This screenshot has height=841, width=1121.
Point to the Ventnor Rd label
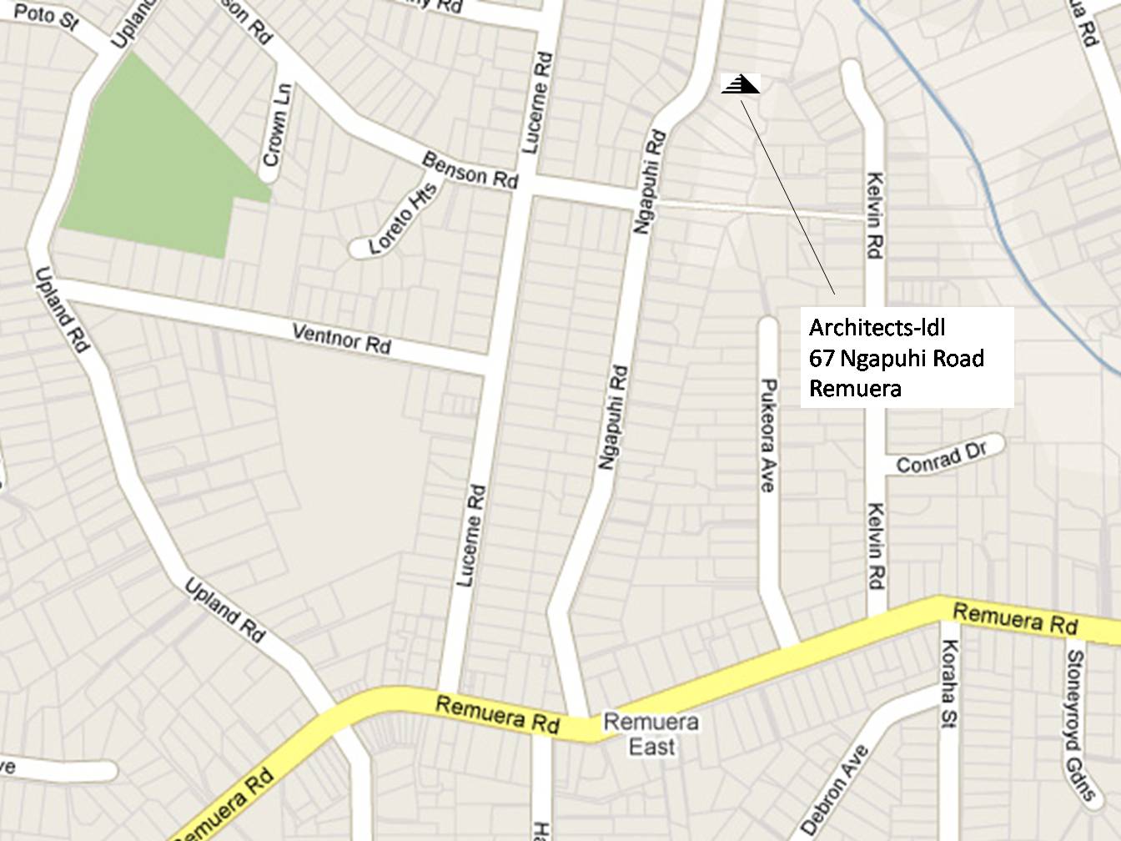click(342, 338)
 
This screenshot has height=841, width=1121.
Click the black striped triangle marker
click(740, 84)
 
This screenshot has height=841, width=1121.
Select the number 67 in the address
click(822, 358)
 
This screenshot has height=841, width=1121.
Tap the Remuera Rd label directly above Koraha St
click(1013, 619)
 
